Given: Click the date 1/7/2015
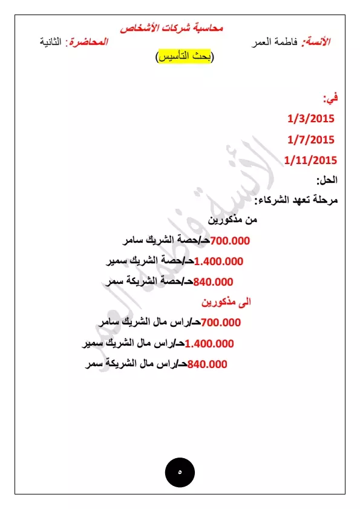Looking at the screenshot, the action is point(311,140).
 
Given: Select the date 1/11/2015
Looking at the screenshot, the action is point(310,160).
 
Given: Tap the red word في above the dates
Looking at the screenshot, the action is point(330,97).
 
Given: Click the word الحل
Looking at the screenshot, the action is point(327,180).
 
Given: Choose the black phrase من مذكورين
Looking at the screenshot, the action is point(233,220).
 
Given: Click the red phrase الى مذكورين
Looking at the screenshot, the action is point(226,301).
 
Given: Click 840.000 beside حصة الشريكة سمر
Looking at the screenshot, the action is point(213,281).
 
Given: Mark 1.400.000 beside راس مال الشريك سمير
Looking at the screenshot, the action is point(209,343).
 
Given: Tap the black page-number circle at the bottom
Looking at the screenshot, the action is point(180,471).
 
